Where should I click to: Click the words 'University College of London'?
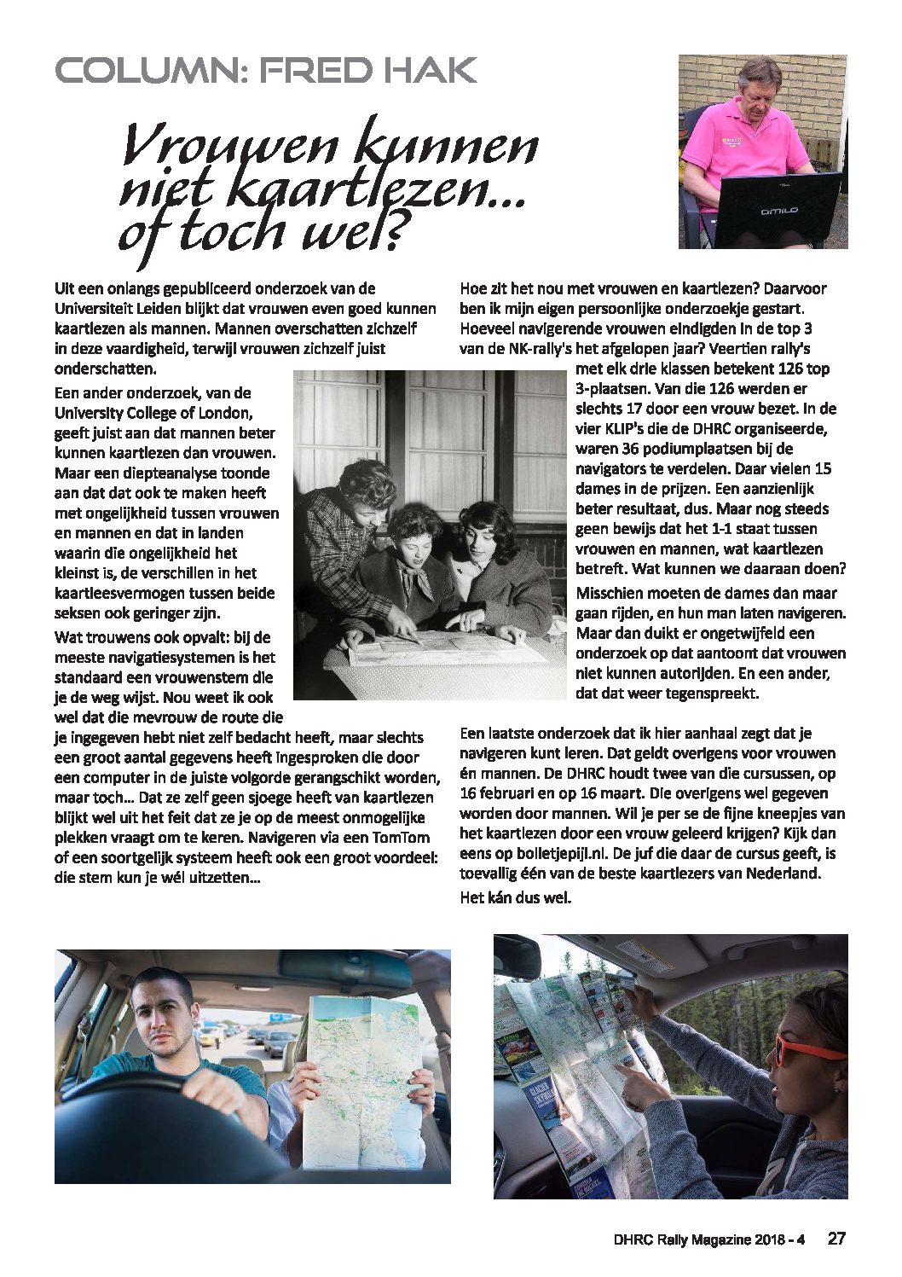153,414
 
